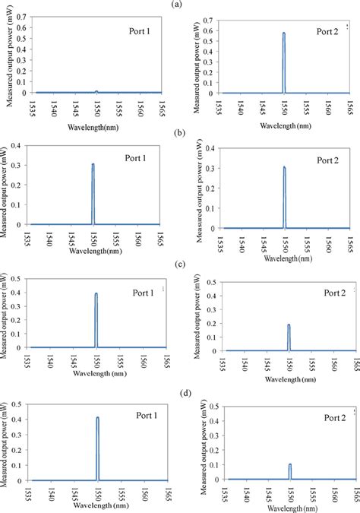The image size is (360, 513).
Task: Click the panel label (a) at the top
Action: (x=176, y=4)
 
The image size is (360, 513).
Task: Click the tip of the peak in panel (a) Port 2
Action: (x=284, y=33)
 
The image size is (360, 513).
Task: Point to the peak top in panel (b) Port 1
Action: (x=93, y=164)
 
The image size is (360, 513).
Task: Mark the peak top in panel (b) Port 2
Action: (x=284, y=168)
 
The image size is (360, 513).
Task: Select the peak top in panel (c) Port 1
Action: (x=96, y=294)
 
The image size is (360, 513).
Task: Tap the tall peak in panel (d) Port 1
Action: (x=97, y=417)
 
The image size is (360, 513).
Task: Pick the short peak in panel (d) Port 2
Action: (x=290, y=464)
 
